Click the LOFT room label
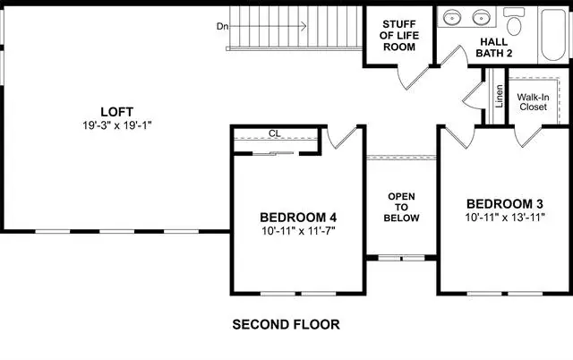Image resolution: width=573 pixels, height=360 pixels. pos(117,111)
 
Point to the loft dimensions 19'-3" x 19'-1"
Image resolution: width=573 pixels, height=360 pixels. pos(117,125)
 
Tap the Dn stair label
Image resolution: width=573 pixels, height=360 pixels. pos(223,26)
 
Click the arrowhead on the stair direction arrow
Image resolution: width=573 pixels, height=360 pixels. pos(304,26)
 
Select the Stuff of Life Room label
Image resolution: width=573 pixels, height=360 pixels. pos(399,36)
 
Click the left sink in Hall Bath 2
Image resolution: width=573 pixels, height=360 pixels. pos(452,17)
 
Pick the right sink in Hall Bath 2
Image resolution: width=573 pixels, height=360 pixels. pos(481,17)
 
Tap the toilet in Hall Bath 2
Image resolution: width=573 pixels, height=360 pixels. pos(514,21)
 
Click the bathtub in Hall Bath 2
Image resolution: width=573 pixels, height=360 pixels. pos(553,35)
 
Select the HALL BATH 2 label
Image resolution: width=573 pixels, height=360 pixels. pos(494,47)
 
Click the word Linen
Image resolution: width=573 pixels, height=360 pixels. pos(500,96)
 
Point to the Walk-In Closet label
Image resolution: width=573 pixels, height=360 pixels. pos(534,102)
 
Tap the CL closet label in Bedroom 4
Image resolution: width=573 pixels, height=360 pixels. pos(275,133)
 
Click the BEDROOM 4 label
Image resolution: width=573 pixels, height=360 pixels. pos(298,218)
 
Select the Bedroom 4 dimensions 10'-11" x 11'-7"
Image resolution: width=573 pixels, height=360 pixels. pos(298,231)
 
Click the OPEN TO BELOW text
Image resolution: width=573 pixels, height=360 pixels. pos(401,207)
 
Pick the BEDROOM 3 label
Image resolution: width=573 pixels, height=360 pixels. pos(505,203)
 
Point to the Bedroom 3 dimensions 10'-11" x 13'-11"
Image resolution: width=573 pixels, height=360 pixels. pos(505,218)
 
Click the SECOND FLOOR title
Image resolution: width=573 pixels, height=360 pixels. pos(286,324)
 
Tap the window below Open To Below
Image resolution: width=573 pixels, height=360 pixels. pos(401,258)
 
